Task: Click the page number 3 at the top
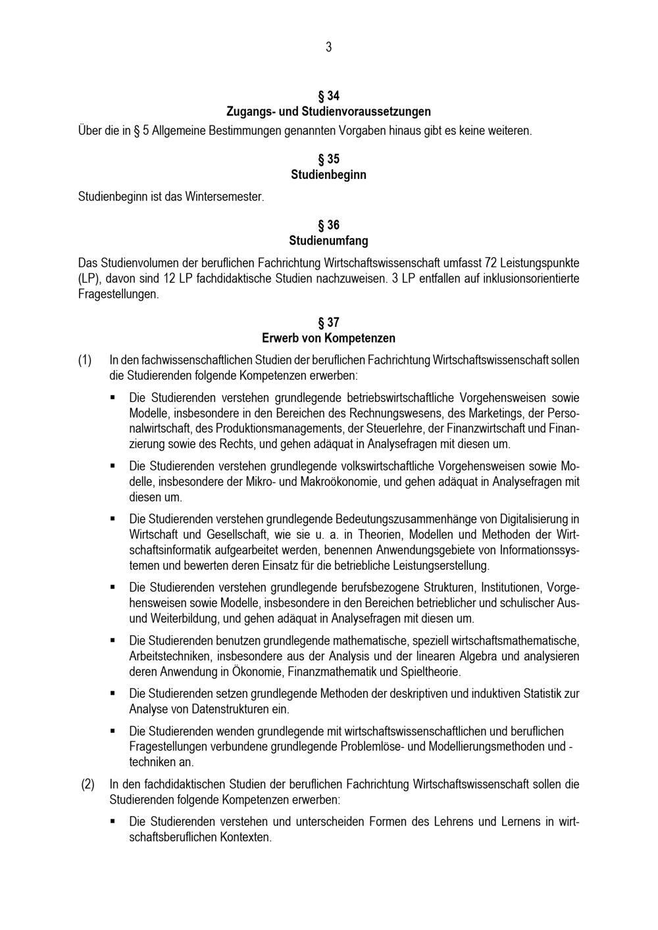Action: [328, 47]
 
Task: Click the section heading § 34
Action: [328, 96]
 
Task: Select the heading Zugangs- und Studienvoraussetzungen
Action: [328, 111]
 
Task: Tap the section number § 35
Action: [328, 159]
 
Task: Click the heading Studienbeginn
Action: [328, 175]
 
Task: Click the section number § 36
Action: [328, 225]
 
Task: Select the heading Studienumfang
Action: [328, 241]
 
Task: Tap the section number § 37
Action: [328, 322]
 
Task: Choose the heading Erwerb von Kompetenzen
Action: [328, 338]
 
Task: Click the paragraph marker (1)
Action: [85, 360]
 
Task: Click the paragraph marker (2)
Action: [88, 784]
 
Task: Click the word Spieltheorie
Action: [430, 672]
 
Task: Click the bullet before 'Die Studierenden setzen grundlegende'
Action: [113, 693]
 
